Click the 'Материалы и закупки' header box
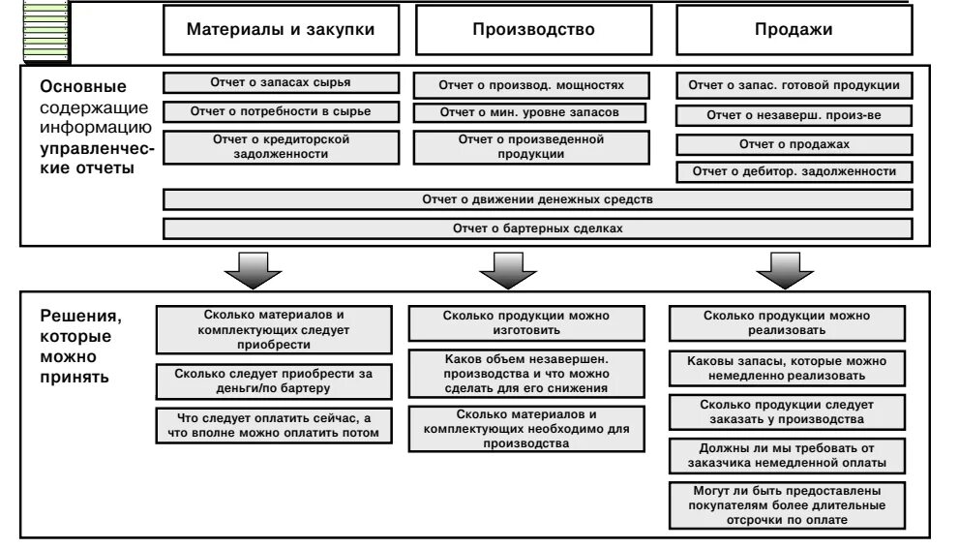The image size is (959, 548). tap(280, 30)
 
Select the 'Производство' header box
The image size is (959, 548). tap(533, 30)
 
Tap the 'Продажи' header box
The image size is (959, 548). tap(793, 30)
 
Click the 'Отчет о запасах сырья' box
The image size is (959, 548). tap(280, 83)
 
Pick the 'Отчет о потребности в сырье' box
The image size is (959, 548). tap(280, 111)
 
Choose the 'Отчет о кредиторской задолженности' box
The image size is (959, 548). tap(280, 146)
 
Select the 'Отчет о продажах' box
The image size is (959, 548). tap(793, 144)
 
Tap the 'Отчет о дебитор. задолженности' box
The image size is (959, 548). tap(793, 172)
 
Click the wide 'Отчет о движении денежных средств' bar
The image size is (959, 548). tap(537, 200)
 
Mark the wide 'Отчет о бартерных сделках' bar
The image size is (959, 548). tap(537, 229)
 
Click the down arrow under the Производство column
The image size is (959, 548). tap(500, 270)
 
